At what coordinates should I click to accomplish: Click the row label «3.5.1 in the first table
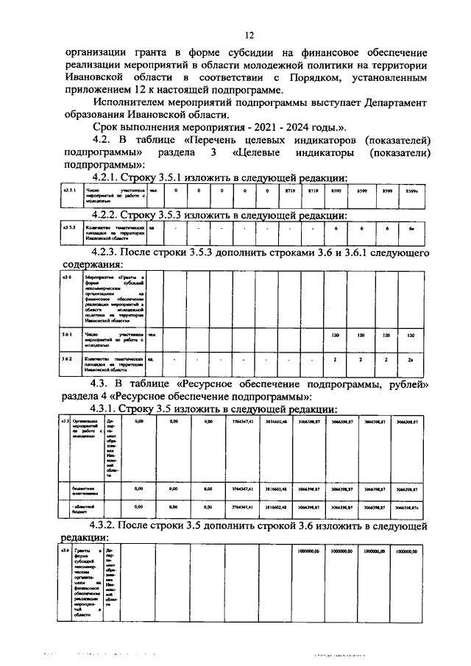click(x=68, y=190)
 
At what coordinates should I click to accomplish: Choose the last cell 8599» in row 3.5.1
click(x=412, y=191)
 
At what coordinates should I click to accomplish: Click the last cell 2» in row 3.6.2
click(x=412, y=360)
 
